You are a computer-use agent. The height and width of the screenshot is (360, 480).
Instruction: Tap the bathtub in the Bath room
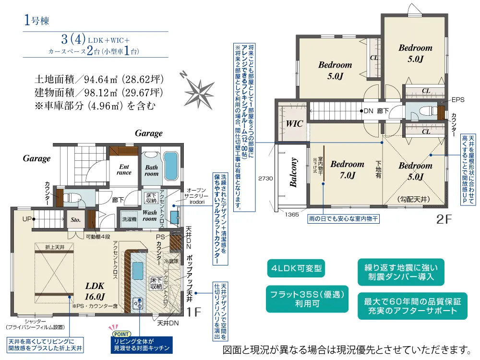click(170, 166)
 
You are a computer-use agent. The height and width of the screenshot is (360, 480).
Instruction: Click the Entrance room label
click(124, 169)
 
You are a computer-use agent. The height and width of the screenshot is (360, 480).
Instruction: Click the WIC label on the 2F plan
click(294, 124)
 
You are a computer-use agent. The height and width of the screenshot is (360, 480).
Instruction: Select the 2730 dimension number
click(265, 178)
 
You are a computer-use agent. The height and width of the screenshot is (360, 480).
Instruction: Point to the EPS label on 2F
click(457, 101)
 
